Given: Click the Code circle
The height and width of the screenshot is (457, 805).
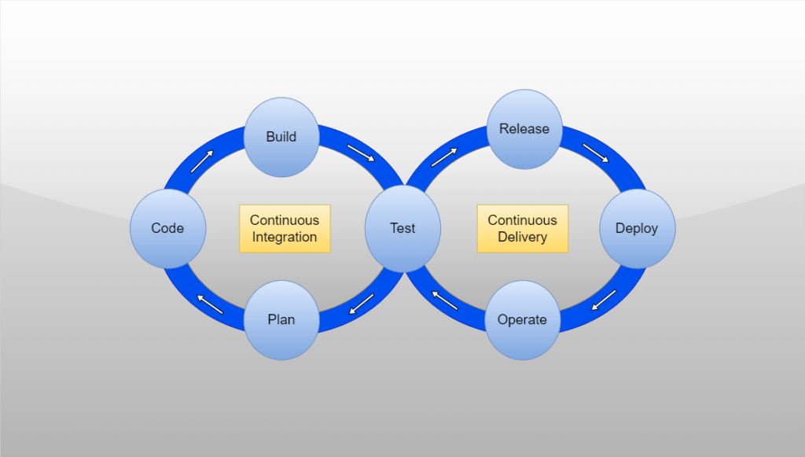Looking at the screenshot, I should pos(167,228).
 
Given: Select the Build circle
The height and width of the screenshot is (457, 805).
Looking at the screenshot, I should pos(281,137).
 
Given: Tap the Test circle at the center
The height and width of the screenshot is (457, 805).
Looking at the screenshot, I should pos(402,228).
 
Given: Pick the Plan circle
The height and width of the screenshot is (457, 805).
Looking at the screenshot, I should pos(281,319).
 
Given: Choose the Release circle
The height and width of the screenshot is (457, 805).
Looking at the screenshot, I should pos(524,128).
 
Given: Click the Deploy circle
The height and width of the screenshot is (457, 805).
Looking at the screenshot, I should pos(637,228).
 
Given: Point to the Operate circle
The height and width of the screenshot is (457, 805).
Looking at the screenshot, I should pos(522,319).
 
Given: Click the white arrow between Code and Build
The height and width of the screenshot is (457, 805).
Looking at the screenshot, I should pos(201,161).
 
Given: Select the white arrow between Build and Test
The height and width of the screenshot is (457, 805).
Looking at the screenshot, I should pos(362,153).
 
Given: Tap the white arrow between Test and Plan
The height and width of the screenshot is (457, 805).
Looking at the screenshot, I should pos(362,304).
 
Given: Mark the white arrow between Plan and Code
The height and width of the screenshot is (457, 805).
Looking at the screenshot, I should pos(210,304).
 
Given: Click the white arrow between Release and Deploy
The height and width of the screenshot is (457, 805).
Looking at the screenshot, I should pos(595,153).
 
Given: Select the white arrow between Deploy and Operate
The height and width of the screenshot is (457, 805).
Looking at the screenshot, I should pos(604,300).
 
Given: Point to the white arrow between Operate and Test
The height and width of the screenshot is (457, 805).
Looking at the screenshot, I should pos(445,300).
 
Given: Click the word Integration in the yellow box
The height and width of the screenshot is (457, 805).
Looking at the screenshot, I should pos(285,237).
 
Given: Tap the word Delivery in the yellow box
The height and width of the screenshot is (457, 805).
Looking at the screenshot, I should pos(522,237).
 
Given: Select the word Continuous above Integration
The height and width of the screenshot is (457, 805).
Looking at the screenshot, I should pos(285,220).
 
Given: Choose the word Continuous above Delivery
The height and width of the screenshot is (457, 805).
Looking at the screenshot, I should pos(522,220).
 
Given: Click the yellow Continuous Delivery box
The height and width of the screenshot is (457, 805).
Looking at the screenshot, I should pos(522,229).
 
